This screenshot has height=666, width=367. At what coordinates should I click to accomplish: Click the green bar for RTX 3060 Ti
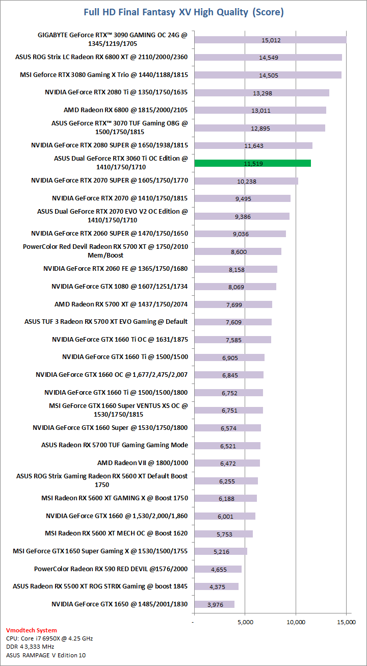[x=252, y=163]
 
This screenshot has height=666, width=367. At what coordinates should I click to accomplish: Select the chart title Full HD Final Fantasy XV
[x=183, y=12]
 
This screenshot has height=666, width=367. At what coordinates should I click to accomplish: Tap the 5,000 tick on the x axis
[x=245, y=622]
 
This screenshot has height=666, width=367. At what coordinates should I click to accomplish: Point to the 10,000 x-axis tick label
[x=296, y=622]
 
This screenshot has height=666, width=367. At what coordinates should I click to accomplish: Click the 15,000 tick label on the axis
[x=346, y=622]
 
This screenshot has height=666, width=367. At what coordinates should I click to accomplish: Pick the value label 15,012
[x=271, y=40]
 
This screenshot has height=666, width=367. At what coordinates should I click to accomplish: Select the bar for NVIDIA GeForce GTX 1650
[x=214, y=604]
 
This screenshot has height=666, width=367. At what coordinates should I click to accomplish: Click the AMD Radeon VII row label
[x=142, y=463]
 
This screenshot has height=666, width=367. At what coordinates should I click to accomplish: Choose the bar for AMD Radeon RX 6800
[x=260, y=110]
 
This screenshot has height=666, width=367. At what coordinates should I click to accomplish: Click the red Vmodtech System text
[x=32, y=630]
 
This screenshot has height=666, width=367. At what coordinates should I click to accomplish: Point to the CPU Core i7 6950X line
[x=49, y=638]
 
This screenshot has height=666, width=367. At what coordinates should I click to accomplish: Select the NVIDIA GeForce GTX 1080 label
[x=119, y=287]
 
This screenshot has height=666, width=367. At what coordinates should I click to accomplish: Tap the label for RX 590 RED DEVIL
[x=111, y=569]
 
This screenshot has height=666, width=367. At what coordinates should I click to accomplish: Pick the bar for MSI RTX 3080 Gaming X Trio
[x=268, y=75]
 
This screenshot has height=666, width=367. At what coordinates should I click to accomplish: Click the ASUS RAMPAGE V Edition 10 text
[x=46, y=655]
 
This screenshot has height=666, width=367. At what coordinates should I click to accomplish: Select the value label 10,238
[x=247, y=181]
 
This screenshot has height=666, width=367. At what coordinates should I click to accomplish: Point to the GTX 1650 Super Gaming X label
[x=100, y=551]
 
